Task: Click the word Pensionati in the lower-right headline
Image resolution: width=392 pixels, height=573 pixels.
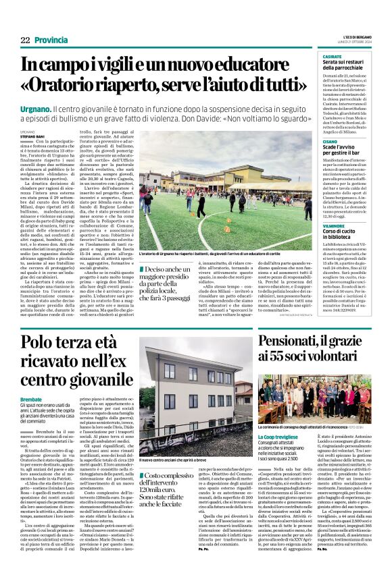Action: click(x=300, y=341)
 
